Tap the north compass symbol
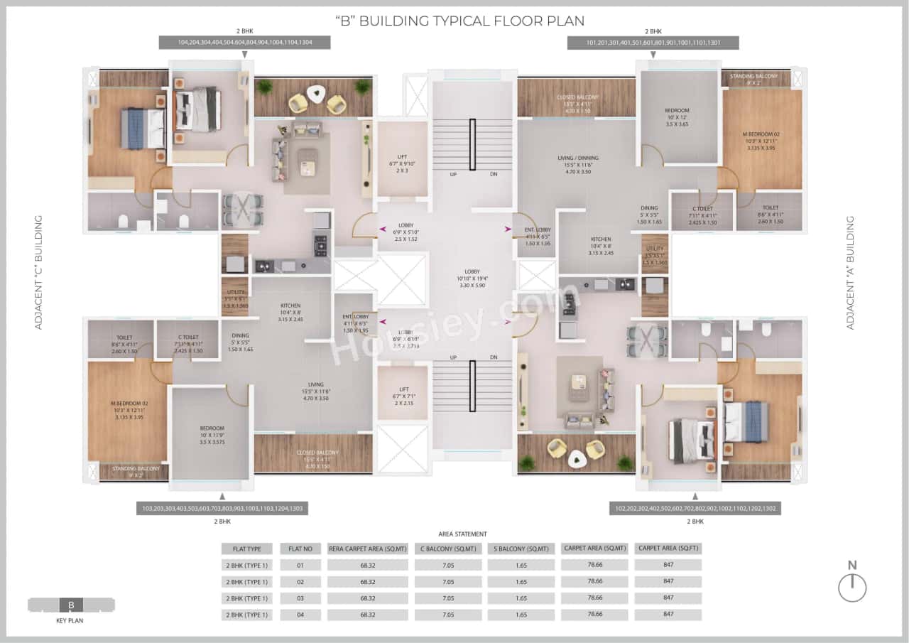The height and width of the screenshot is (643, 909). pos(852,588)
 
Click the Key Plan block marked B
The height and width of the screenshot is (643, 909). pos(71,605)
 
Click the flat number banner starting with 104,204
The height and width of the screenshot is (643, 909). pos(245,43)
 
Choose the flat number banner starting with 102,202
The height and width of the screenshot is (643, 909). pos(695,509)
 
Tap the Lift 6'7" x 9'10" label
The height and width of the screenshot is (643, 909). pos(403,163)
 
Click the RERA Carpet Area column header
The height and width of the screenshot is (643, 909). pos(367,549)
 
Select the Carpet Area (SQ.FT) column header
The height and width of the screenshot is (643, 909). pos(668,548)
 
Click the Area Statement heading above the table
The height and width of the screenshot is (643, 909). pos(462,534)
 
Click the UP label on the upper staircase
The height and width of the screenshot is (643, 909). pos(452,174)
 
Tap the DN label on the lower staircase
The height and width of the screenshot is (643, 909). pos(493,358)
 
